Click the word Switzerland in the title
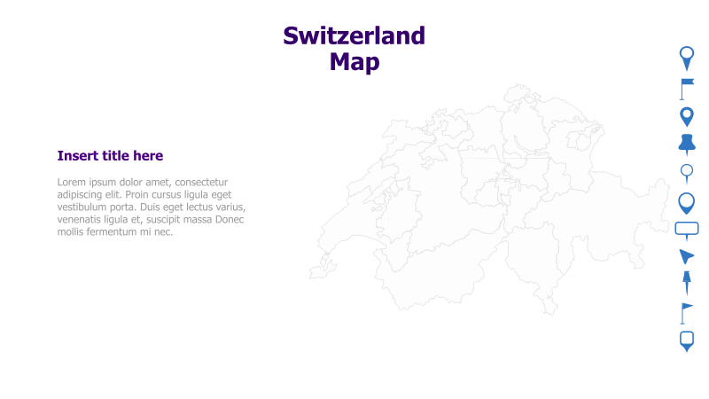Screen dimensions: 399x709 [x=354, y=35]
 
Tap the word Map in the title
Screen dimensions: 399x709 [x=354, y=62]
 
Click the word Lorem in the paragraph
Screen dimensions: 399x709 [x=74, y=182]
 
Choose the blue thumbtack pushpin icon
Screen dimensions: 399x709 [x=687, y=143]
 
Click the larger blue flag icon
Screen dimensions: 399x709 [x=687, y=88]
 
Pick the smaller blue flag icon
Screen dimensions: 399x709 [x=686, y=313]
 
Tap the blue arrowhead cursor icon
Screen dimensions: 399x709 [x=686, y=257]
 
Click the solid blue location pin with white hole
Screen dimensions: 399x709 [x=687, y=116]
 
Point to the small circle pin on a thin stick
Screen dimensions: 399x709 [x=686, y=172]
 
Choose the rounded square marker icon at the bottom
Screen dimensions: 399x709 [x=687, y=340]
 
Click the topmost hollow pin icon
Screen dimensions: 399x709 [x=687, y=58]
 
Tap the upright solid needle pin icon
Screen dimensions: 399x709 [x=686, y=284]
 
